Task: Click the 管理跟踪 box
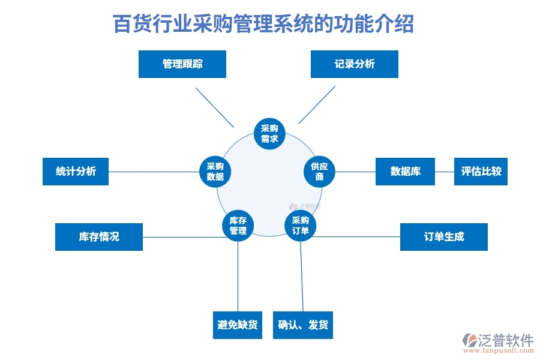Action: click(182, 64)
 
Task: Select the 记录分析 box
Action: click(354, 64)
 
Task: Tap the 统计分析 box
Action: click(76, 172)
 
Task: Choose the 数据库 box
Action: click(405, 172)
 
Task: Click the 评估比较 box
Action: click(481, 172)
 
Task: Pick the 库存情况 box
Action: click(99, 237)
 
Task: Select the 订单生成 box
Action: click(443, 237)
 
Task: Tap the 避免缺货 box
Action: click(238, 325)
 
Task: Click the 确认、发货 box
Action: click(303, 325)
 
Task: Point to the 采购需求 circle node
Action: click(269, 134)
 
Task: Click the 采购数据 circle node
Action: click(215, 172)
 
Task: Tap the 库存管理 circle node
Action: click(238, 226)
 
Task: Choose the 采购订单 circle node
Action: click(300, 226)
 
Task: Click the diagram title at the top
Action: click(263, 25)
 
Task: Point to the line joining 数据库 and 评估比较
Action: click(445, 172)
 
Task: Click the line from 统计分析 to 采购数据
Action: click(154, 172)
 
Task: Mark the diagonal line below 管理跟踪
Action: click(214, 107)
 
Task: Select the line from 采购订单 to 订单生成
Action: click(357, 236)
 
